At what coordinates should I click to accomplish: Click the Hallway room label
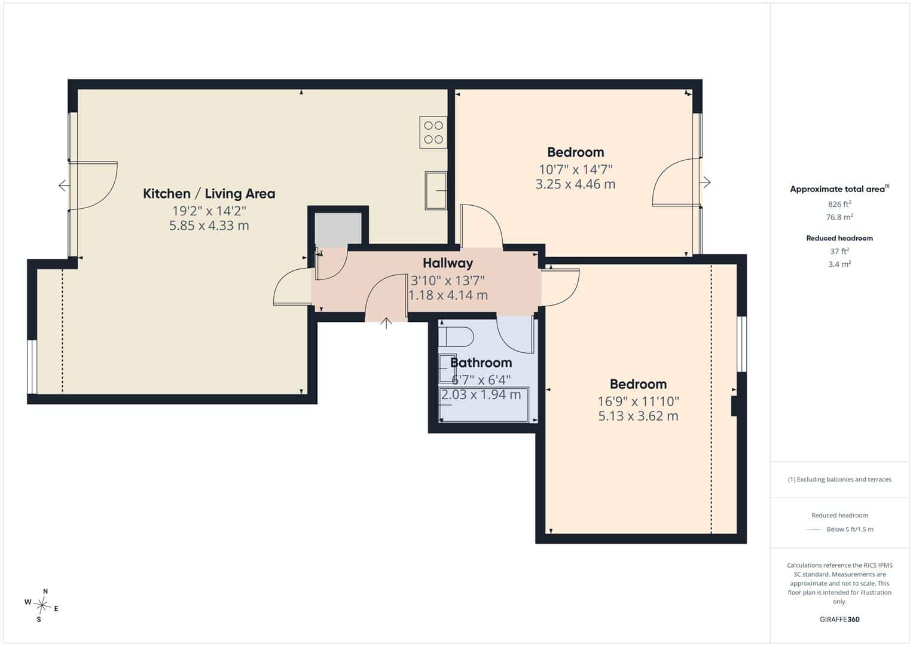pyautogui.click(x=448, y=263)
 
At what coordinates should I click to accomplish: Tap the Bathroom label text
pyautogui.click(x=481, y=362)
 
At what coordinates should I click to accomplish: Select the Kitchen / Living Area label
pyautogui.click(x=209, y=194)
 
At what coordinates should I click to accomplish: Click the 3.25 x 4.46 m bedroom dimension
pyautogui.click(x=575, y=184)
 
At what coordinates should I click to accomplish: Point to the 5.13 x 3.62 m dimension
pyautogui.click(x=638, y=416)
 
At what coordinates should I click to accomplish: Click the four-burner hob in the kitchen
pyautogui.click(x=433, y=133)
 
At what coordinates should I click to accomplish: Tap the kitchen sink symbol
pyautogui.click(x=436, y=190)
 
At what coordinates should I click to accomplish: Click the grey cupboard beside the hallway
pyautogui.click(x=338, y=230)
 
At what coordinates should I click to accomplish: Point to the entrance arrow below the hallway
pyautogui.click(x=386, y=324)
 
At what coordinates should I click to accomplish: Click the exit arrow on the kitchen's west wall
pyautogui.click(x=64, y=186)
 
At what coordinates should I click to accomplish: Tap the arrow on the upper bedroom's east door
pyautogui.click(x=706, y=182)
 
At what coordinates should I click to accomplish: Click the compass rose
pyautogui.click(x=42, y=605)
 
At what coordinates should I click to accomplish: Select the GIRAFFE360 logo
pyautogui.click(x=839, y=619)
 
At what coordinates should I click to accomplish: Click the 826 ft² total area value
pyautogui.click(x=839, y=204)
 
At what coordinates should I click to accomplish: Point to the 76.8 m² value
pyautogui.click(x=839, y=217)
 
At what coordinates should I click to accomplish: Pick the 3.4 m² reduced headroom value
pyautogui.click(x=839, y=264)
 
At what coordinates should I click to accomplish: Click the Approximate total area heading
pyautogui.click(x=839, y=189)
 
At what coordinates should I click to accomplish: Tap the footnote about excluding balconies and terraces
pyautogui.click(x=839, y=479)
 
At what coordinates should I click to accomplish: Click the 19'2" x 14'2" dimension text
pyautogui.click(x=209, y=211)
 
